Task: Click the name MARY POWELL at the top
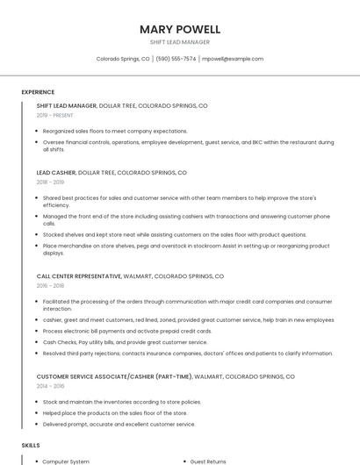pos(180,29)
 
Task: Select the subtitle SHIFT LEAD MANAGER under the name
pos(180,42)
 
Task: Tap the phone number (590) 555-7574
pos(176,59)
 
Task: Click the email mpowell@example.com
pos(233,59)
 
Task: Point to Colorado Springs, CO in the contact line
pos(123,59)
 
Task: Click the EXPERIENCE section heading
pos(38,92)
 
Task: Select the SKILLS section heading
pos(31,446)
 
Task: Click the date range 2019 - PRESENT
pos(55,115)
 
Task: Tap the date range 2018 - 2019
pos(51,182)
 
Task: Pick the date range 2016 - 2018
pos(51,285)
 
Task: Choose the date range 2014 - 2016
pos(51,385)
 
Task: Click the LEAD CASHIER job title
pos(56,173)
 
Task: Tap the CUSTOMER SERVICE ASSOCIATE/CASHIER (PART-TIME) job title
pos(113,376)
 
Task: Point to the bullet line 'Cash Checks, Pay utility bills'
pos(113,342)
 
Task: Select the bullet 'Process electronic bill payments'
pos(126,332)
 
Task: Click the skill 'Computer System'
pos(66,461)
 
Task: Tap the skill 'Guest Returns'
pos(208,461)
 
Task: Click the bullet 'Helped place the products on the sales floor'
pos(115,412)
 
